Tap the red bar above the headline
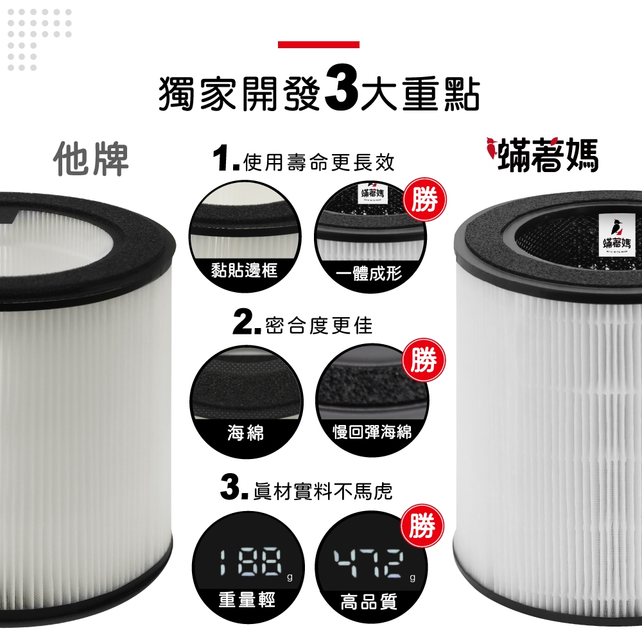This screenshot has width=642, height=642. (x=318, y=44)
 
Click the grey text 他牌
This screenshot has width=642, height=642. (x=92, y=158)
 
